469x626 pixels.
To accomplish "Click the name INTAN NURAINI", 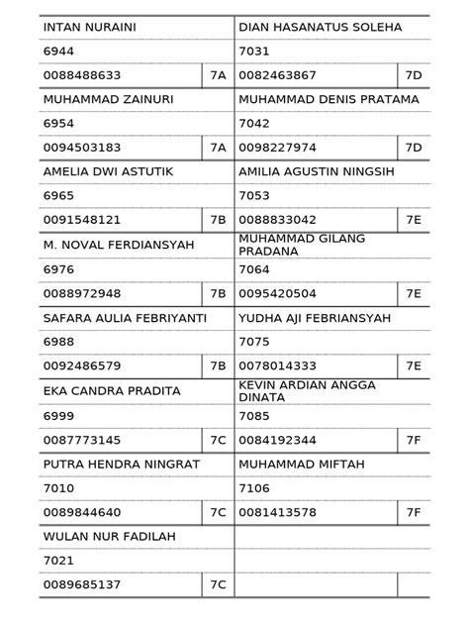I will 89,27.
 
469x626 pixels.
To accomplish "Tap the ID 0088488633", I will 81,75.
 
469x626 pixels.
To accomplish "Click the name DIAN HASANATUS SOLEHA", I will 321,27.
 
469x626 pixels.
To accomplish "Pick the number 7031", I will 254,51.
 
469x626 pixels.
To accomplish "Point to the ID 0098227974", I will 278,148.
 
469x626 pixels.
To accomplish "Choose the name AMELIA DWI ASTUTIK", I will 108,171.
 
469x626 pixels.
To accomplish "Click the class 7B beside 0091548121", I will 218,220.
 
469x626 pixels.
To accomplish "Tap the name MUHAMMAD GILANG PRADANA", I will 302,244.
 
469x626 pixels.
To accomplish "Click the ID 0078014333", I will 278,365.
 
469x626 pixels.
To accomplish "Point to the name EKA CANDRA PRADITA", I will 112,390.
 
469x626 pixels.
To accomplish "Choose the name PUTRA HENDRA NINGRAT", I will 122,463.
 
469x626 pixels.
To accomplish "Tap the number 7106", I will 254,488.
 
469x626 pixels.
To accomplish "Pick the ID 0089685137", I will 81,584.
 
